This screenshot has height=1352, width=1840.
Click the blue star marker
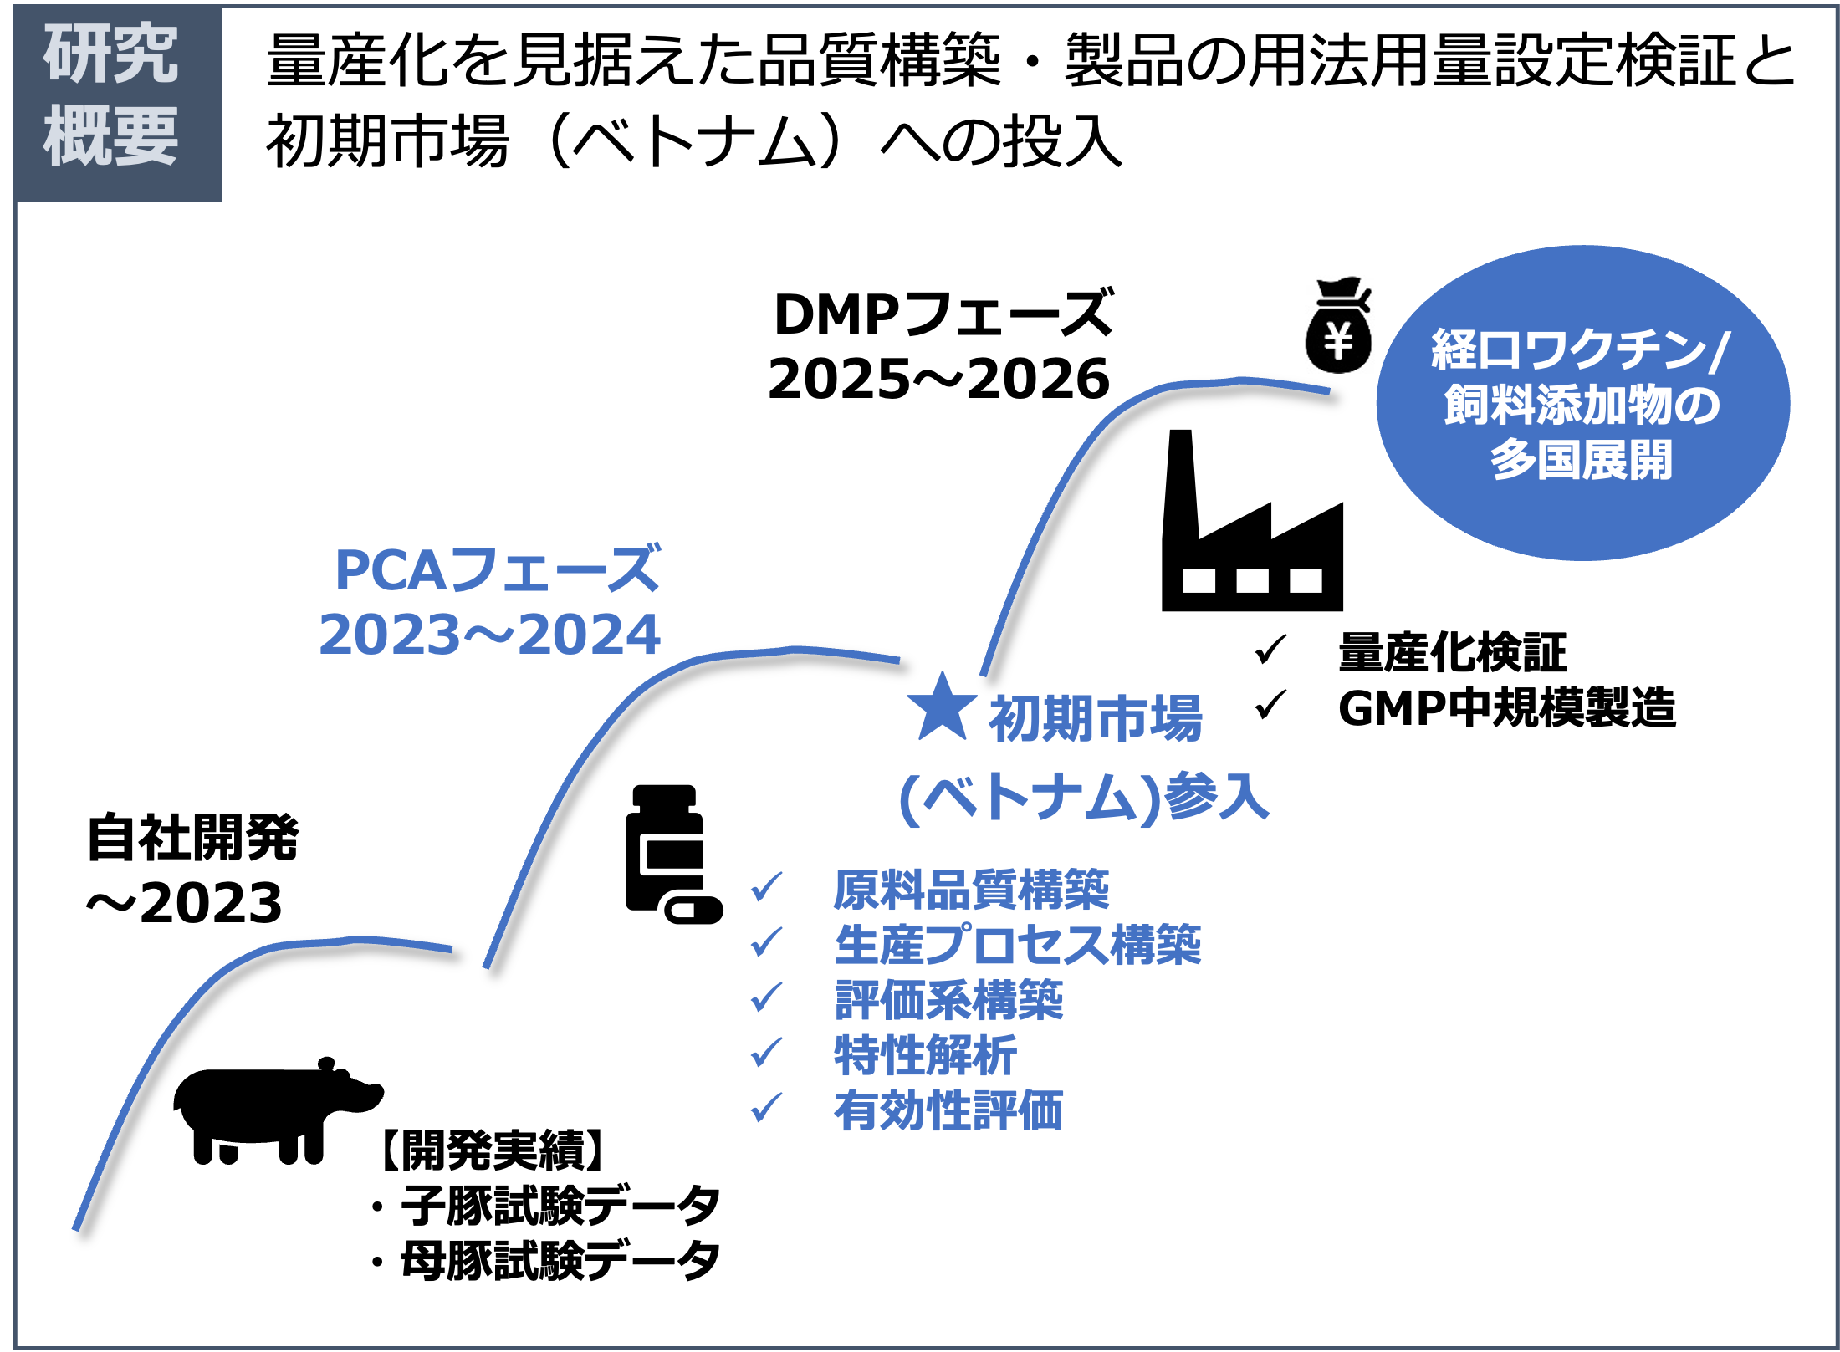tap(942, 709)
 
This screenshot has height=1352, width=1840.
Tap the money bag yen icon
tap(1339, 324)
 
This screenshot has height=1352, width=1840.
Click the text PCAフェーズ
tap(498, 570)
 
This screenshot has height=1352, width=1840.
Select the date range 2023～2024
tap(490, 635)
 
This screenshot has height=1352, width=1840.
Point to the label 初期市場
tap(1095, 718)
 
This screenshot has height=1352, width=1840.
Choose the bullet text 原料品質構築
tap(971, 889)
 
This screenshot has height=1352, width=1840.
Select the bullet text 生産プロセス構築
tap(1018, 944)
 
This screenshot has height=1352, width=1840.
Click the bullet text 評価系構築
tap(949, 999)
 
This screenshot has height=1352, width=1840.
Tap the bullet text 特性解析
tap(926, 1055)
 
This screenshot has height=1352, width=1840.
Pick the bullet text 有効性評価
tap(949, 1110)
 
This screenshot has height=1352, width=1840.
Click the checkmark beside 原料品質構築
tap(766, 887)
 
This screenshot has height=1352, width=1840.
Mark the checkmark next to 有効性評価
tap(766, 1109)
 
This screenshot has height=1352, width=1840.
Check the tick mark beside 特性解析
tap(766, 1053)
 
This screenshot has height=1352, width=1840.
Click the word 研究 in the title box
tap(111, 54)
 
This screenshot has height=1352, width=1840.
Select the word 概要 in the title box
tap(111, 136)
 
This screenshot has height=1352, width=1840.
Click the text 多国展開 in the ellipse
tap(1581, 460)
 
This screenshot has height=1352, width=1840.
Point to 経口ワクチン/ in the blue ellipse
tap(1580, 349)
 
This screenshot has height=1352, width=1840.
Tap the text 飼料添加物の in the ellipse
tap(1582, 405)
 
